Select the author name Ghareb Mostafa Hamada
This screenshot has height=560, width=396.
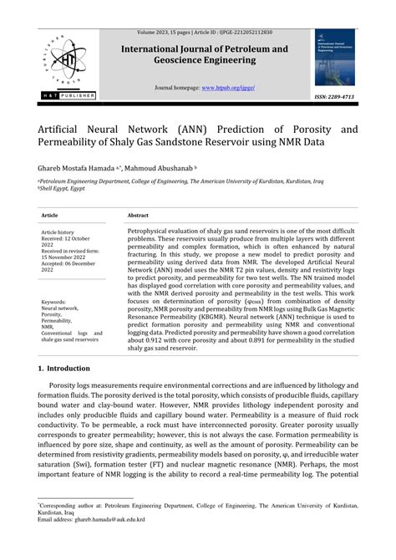pos(78,168)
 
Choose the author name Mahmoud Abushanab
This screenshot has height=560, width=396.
pos(162,168)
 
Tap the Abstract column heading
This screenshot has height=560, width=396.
pos(139,215)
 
